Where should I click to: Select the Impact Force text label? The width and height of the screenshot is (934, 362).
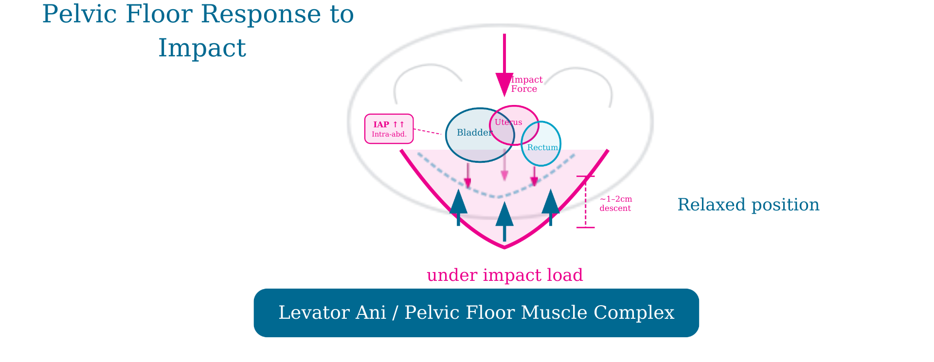(x=526, y=84)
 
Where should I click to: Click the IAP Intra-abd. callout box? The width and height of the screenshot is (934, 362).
(x=389, y=129)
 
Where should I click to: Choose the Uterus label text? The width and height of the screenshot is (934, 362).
(x=508, y=122)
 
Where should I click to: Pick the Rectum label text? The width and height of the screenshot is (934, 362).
(x=542, y=148)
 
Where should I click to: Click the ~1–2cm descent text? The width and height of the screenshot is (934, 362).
(x=615, y=204)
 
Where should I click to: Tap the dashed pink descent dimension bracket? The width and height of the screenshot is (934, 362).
(x=586, y=202)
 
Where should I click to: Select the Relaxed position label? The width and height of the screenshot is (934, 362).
(x=748, y=205)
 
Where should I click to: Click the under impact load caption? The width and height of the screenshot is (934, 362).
(x=504, y=275)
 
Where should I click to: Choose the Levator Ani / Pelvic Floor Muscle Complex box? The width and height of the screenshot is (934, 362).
(x=476, y=313)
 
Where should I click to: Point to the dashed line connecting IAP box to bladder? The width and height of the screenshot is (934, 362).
(x=428, y=131)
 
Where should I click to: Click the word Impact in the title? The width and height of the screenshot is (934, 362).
(x=202, y=48)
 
